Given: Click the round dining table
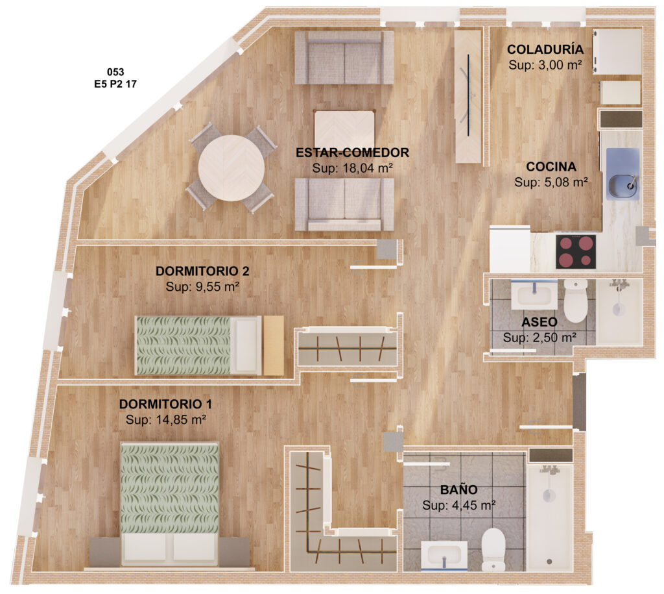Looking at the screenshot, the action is tap(231, 168).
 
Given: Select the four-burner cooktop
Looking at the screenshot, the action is tap(576, 251).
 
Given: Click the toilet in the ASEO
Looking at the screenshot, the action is tap(576, 301).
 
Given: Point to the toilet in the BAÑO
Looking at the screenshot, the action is tap(493, 549).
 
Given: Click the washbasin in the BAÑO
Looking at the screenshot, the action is tap(444, 556).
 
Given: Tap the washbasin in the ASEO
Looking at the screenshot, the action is tap(534, 295).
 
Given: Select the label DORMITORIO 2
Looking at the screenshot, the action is tap(202, 271).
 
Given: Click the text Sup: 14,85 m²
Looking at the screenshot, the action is tap(166, 420).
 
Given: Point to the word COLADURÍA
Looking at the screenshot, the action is tap(545, 49).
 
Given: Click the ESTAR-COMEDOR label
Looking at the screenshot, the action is tap(352, 153).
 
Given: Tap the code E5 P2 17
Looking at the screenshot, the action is tap(115, 84).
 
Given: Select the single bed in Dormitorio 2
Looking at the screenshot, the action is tap(198, 345).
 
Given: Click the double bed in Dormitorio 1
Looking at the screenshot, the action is tap(169, 504).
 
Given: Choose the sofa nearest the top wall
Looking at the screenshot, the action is tap(344, 57).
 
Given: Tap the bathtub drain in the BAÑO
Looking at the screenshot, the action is tap(549, 562).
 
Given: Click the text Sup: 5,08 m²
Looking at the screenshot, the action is tap(551, 182).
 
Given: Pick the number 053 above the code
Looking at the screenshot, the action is tap(115, 72).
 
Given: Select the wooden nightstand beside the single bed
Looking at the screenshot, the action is tap(274, 345).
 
